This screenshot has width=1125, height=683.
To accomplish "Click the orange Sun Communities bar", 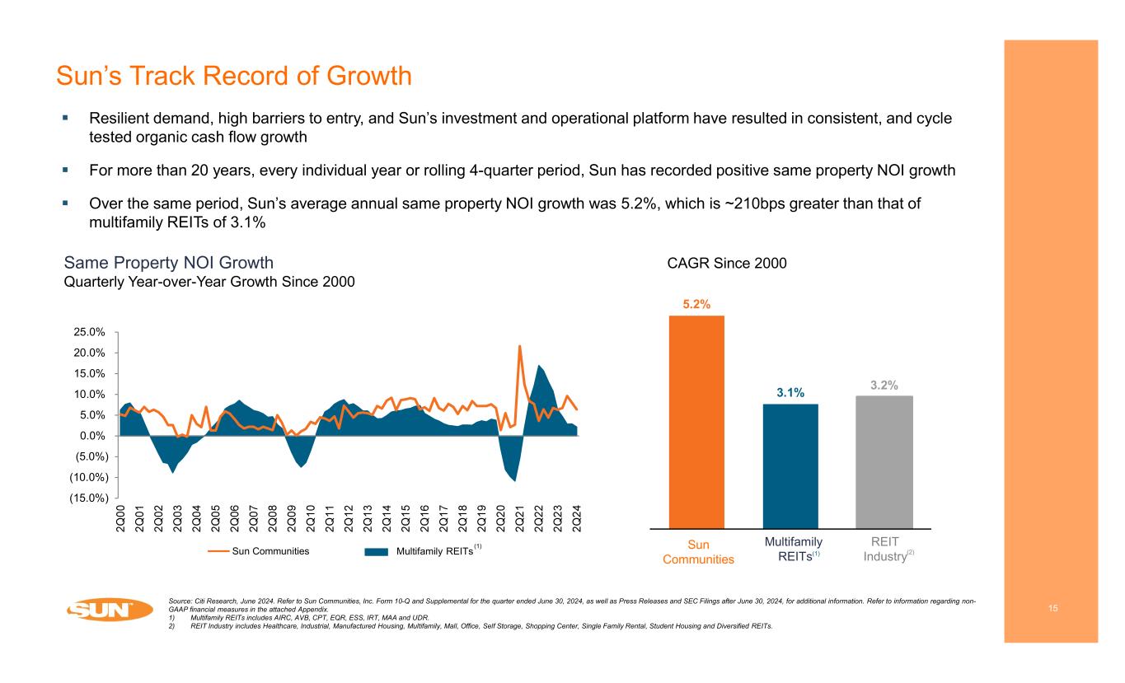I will [x=696, y=421].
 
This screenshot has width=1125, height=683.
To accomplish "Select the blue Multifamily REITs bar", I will [x=790, y=465].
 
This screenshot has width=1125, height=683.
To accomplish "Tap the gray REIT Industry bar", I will [x=884, y=461].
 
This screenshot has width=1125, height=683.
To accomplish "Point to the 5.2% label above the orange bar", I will [x=696, y=304].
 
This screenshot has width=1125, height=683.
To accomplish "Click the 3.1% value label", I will [x=790, y=392].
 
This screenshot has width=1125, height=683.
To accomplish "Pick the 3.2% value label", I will [x=884, y=384].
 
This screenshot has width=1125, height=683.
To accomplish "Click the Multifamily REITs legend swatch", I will [x=388, y=551].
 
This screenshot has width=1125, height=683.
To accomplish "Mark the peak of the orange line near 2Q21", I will [x=520, y=346].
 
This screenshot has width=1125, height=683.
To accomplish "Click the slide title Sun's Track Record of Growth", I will [x=233, y=77].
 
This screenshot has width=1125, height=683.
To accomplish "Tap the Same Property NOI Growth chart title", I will [x=168, y=263].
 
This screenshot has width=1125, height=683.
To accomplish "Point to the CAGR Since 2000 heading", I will [x=727, y=263].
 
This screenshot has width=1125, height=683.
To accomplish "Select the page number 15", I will [x=1052, y=608].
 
